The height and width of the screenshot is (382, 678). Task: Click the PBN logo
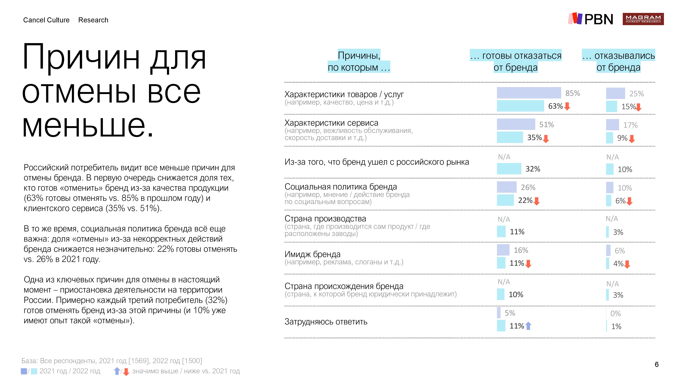coord(591,19)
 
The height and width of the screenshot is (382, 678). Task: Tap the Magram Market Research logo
coord(643,19)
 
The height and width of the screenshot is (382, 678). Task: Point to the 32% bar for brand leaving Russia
coord(509,169)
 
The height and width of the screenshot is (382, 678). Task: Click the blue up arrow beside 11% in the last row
coord(528,326)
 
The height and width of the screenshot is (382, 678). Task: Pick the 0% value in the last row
coord(615,313)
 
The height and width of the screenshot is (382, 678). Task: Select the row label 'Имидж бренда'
coord(312,254)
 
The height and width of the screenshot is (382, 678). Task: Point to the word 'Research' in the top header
coord(93,20)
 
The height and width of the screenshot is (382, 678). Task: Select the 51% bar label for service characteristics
coord(546,124)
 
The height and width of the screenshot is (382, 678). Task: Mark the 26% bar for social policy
coord(507,187)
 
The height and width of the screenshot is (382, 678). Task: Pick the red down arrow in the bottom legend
coord(126,372)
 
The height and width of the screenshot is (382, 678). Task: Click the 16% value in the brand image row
coord(521,250)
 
